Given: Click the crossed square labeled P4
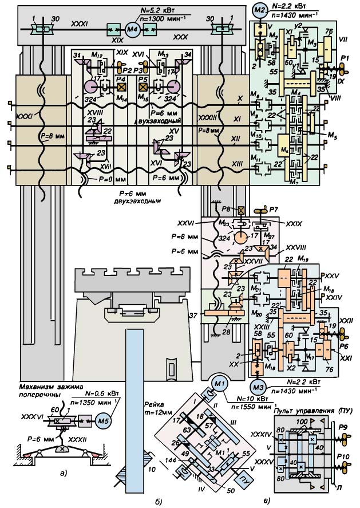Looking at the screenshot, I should point(121,88).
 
